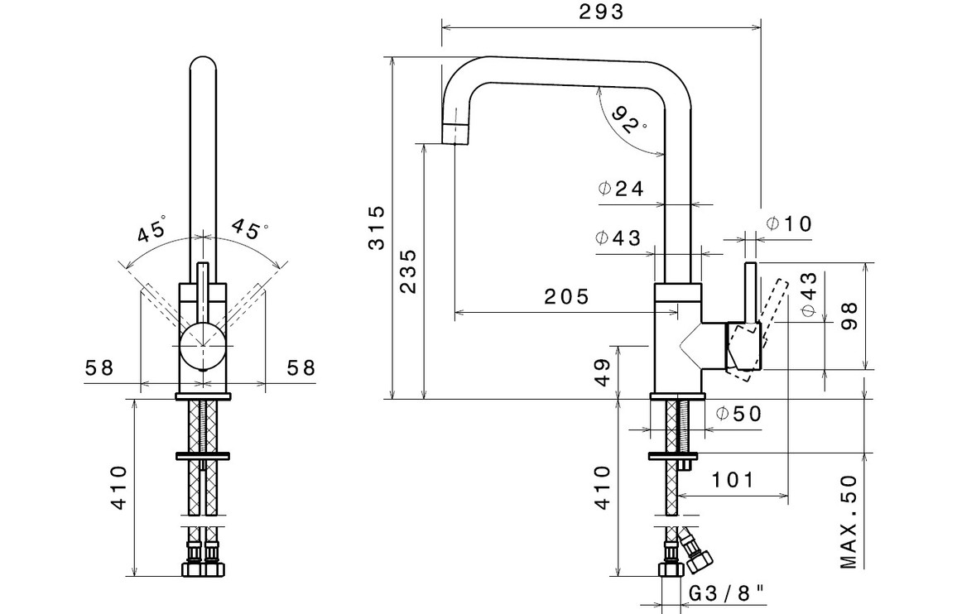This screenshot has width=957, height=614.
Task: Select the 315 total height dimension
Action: pyautogui.click(x=377, y=227)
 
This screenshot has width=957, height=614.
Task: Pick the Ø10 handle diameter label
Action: pyautogui.click(x=789, y=223)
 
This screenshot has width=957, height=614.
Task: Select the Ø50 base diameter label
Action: pyautogui.click(x=738, y=414)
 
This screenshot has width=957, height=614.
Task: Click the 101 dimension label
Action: pyautogui.click(x=732, y=480)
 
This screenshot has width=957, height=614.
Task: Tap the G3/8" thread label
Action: pyautogui.click(x=726, y=592)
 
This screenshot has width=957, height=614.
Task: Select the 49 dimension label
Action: pyautogui.click(x=603, y=372)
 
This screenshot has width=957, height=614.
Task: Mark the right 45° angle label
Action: pyautogui.click(x=249, y=228)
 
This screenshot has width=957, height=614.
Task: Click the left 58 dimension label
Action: pyautogui.click(x=99, y=367)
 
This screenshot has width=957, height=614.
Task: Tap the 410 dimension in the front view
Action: pyautogui.click(x=118, y=488)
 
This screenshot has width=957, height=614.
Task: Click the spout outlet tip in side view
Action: pyautogui.click(x=455, y=133)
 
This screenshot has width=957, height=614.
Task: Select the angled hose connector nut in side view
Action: pyautogui.click(x=697, y=558)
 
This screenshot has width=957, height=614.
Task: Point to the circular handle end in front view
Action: pyautogui.click(x=201, y=346)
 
